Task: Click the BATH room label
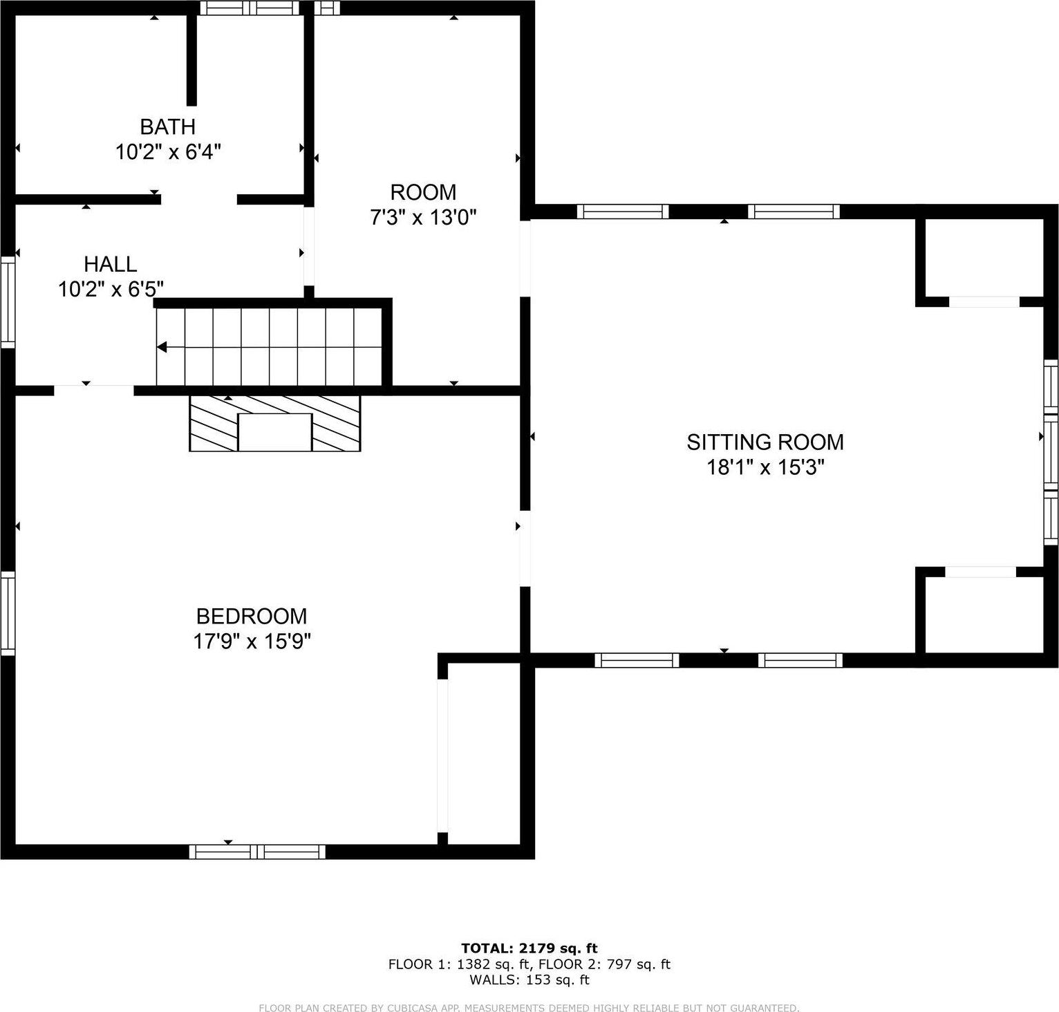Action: [167, 126]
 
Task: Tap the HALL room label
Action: [110, 264]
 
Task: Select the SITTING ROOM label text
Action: [765, 442]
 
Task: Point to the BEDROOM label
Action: [252, 616]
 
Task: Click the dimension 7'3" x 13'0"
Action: [423, 218]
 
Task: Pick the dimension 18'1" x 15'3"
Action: [765, 468]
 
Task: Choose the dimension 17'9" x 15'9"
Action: [252, 641]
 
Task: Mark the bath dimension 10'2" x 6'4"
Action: [167, 152]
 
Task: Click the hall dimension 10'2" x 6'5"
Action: [111, 289]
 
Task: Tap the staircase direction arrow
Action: [166, 347]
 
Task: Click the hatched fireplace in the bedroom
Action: [275, 423]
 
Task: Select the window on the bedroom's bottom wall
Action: [257, 852]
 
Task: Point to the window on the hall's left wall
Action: [8, 301]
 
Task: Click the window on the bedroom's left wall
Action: [8, 612]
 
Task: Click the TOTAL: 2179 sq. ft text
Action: [529, 948]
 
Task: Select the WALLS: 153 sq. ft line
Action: [529, 980]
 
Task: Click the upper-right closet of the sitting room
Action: [980, 257]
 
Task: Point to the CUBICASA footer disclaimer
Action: [529, 1008]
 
